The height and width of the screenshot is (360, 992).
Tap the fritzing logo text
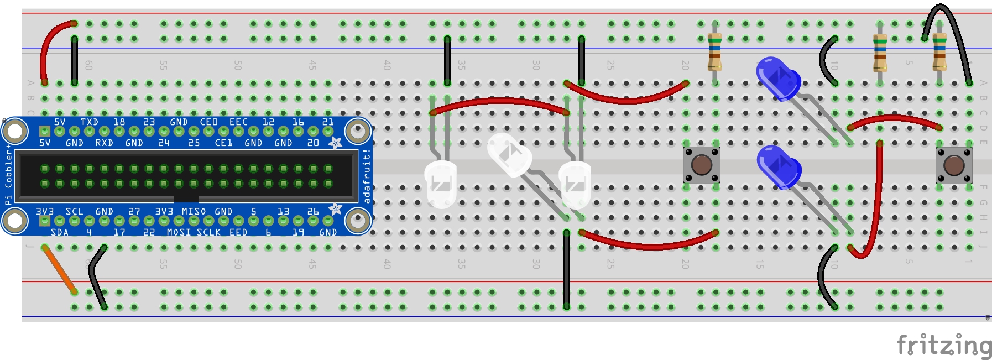pos(943,346)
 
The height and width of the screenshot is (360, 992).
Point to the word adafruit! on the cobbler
pos(366,176)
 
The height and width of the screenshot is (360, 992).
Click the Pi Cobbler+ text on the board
pos(8,175)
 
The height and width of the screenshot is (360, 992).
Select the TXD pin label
pos(89,122)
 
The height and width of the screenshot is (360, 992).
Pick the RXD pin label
pos(104,143)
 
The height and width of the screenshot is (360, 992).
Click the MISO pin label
pos(194,211)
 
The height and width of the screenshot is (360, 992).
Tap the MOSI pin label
pos(179,232)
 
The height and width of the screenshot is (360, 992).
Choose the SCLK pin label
pos(208,232)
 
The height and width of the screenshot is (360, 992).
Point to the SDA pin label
pos(59,232)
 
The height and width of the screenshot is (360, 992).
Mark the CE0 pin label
pos(208,122)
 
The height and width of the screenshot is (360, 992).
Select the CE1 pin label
pos(223,143)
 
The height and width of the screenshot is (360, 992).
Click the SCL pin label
pos(74,211)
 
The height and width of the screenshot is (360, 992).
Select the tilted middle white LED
pos(509,154)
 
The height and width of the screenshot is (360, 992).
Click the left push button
pos(701,165)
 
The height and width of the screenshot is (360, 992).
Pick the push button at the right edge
pos(953,165)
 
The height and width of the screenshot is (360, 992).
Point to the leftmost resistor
pos(714,51)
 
